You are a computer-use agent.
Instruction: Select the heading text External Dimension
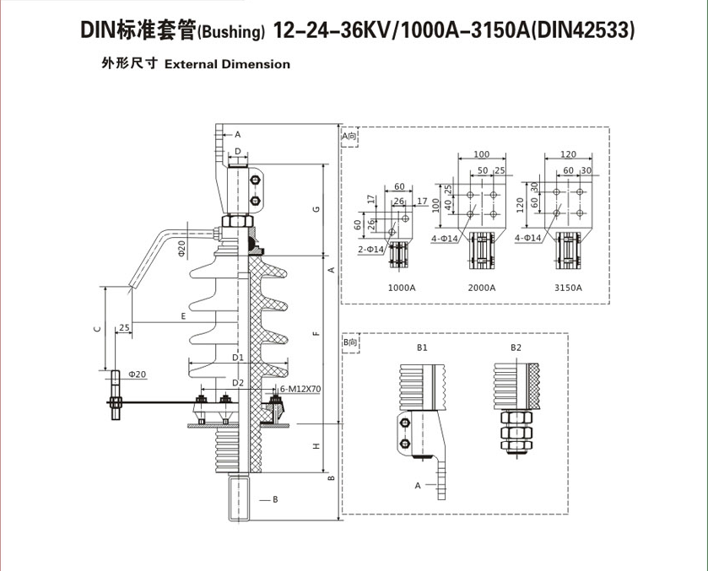point(227,64)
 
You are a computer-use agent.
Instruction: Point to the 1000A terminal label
point(402,288)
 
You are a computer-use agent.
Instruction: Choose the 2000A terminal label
point(481,288)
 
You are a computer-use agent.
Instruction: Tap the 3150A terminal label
point(568,288)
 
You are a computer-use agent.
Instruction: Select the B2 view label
point(516,347)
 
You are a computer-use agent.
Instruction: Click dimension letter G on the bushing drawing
point(314,208)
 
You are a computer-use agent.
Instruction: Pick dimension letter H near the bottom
point(314,446)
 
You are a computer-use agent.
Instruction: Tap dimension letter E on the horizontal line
point(183,316)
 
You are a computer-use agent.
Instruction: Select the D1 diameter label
point(238,358)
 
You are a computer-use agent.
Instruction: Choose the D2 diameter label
point(238,383)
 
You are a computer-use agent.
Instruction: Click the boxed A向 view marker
point(350,135)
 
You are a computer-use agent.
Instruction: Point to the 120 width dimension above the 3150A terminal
point(567,154)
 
